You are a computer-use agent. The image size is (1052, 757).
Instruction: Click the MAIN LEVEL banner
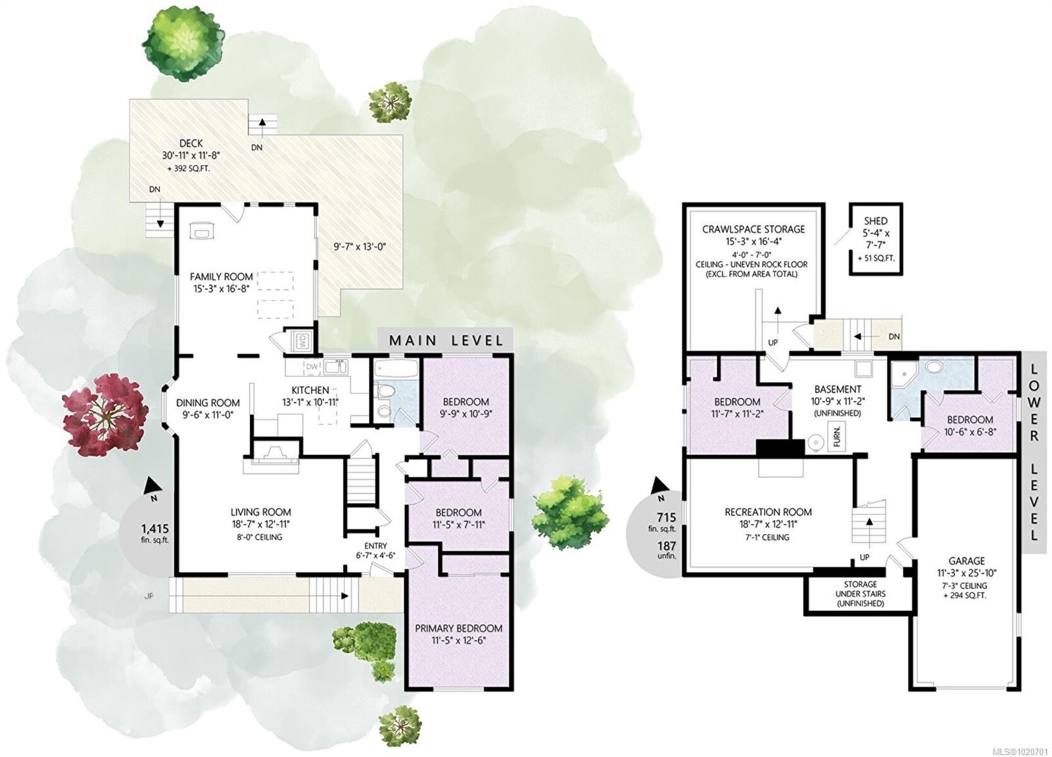[446, 340]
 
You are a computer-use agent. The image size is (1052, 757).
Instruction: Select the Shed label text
[875, 221]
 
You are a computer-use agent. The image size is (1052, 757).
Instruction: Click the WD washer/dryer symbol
[302, 341]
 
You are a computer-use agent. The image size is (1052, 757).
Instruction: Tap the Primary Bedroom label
[458, 629]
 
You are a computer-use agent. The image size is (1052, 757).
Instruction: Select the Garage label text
[966, 561]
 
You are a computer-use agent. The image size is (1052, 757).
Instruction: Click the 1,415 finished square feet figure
[155, 528]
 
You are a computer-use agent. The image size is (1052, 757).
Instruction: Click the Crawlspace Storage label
[753, 230]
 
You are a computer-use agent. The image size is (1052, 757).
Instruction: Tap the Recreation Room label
[768, 512]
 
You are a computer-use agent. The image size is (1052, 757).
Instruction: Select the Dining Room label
[208, 403]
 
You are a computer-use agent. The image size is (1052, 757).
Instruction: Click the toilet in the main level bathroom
[386, 393]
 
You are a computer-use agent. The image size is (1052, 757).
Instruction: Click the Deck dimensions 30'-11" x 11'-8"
[191, 156]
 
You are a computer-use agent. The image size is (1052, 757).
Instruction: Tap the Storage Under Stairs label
[860, 593]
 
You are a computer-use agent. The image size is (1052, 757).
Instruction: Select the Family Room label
[221, 277]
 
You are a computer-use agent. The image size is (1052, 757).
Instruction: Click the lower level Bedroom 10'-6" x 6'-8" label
[970, 420]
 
